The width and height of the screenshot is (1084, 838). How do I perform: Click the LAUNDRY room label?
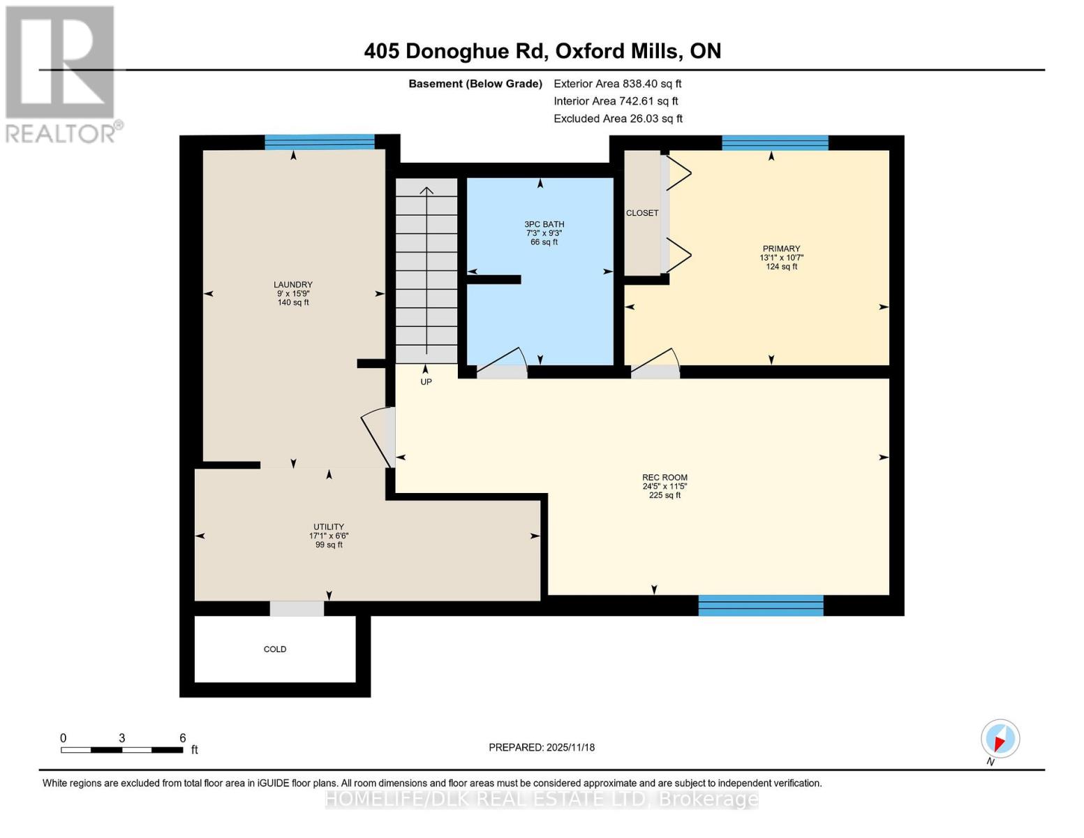click(x=292, y=285)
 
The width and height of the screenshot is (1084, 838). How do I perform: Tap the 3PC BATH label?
click(x=544, y=225)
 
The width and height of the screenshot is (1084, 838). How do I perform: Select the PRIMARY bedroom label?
click(x=781, y=249)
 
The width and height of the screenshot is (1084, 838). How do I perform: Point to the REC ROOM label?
click(x=664, y=478)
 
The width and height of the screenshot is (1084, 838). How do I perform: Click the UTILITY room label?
click(x=328, y=527)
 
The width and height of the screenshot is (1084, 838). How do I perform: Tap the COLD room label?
click(x=275, y=649)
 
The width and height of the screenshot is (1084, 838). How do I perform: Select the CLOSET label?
click(x=641, y=213)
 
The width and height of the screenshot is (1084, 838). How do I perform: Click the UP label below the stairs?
click(x=426, y=382)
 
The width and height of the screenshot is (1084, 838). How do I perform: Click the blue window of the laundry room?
click(x=320, y=142)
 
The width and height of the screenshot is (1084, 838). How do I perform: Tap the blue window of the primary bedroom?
click(x=775, y=143)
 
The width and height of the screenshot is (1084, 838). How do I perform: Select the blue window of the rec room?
click(x=761, y=605)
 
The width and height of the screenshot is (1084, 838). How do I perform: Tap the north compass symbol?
click(x=1000, y=739)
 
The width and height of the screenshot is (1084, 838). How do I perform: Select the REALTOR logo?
click(x=61, y=73)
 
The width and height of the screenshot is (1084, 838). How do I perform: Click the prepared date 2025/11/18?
click(x=542, y=747)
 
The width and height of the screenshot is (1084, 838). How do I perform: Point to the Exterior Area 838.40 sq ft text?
click(x=617, y=84)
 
